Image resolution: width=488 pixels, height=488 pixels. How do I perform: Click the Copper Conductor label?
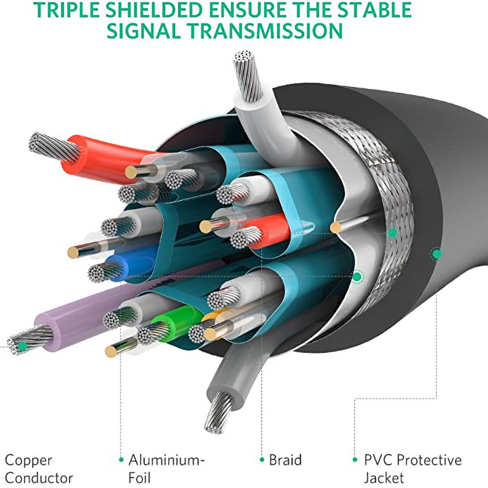pyautogui.click(x=39, y=468)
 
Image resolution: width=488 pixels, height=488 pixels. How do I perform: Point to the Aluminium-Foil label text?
pyautogui.click(x=167, y=468)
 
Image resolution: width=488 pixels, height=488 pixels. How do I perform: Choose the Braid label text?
pyautogui.click(x=285, y=460)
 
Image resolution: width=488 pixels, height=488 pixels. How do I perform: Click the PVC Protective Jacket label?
pyautogui.click(x=413, y=468)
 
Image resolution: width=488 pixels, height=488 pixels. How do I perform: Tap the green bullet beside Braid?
pyautogui.click(x=262, y=460)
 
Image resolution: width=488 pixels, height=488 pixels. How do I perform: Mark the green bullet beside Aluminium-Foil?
pyautogui.click(x=122, y=460)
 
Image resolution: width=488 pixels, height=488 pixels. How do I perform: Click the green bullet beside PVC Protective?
pyautogui.click(x=355, y=460)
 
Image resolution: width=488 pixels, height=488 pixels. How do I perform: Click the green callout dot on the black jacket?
pyautogui.click(x=437, y=254)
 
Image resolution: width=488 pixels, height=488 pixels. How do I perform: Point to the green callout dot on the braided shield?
pyautogui.click(x=392, y=232)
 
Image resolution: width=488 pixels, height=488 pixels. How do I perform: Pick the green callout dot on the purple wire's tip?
pyautogui.click(x=22, y=346)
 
